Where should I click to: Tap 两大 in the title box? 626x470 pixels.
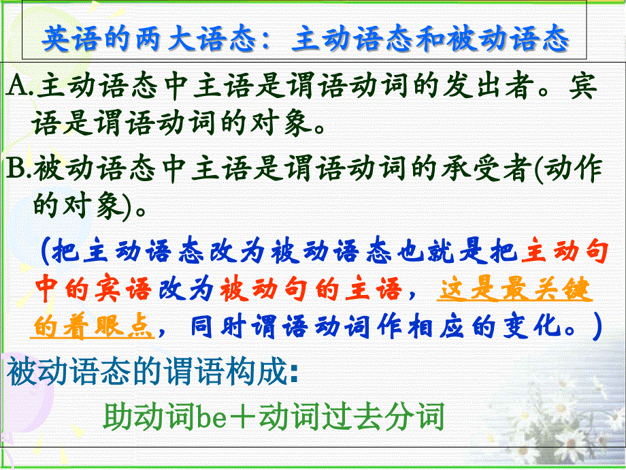(157, 40)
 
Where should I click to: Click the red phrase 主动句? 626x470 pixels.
(562, 253)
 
